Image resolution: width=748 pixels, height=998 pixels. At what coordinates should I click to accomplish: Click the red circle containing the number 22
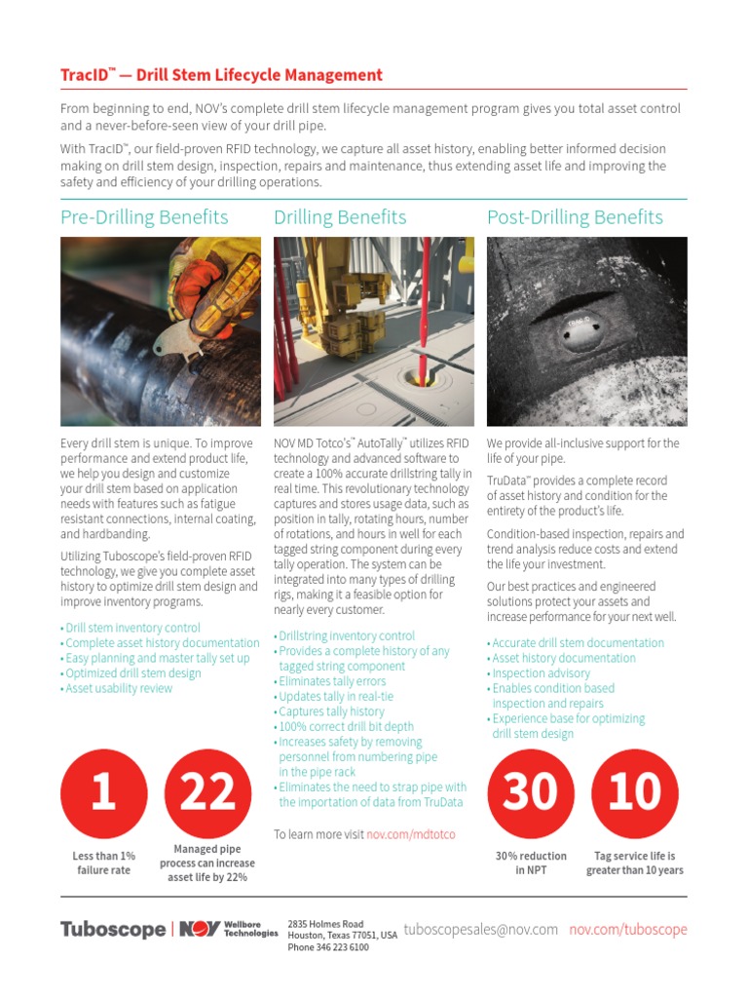tap(208, 792)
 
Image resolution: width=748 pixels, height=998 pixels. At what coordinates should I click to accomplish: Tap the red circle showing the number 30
tap(530, 792)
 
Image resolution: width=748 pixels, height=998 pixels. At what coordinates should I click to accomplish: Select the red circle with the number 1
tap(103, 792)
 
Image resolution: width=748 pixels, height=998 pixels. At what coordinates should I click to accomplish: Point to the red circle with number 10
tap(634, 792)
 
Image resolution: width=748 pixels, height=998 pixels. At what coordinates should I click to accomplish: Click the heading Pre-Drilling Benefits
tap(144, 217)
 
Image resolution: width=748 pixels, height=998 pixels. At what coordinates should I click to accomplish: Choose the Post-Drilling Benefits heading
tap(575, 217)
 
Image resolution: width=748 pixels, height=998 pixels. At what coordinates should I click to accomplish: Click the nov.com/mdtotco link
tap(411, 834)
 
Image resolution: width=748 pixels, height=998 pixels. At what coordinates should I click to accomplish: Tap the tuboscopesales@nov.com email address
tap(480, 930)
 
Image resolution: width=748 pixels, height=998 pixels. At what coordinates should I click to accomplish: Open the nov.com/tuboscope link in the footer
tap(628, 930)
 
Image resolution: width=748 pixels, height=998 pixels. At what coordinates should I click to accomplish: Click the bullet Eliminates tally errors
tap(332, 681)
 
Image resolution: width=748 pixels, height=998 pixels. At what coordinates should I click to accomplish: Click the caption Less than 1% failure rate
tap(103, 863)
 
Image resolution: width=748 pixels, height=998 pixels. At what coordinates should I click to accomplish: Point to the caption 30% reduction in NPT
tap(530, 863)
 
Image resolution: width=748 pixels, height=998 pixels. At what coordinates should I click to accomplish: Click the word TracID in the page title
tap(84, 75)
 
